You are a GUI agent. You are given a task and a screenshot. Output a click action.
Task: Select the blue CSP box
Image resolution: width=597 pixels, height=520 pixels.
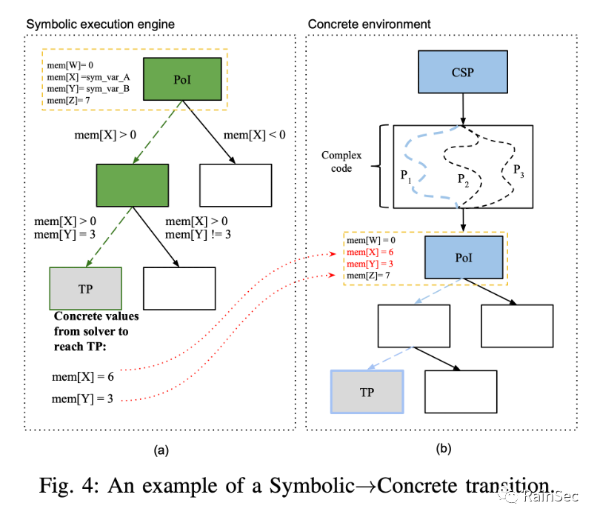461,74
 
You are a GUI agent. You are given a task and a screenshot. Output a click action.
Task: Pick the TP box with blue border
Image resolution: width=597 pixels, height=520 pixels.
366,392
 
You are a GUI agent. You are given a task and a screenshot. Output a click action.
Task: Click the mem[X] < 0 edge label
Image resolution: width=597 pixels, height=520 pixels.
254,135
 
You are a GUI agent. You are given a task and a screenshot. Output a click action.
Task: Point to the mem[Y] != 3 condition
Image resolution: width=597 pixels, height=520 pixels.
198,235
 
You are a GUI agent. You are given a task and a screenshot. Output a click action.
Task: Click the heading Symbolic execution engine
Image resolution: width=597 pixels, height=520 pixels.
101,24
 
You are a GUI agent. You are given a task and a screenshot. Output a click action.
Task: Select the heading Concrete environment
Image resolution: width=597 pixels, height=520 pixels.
370,24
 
